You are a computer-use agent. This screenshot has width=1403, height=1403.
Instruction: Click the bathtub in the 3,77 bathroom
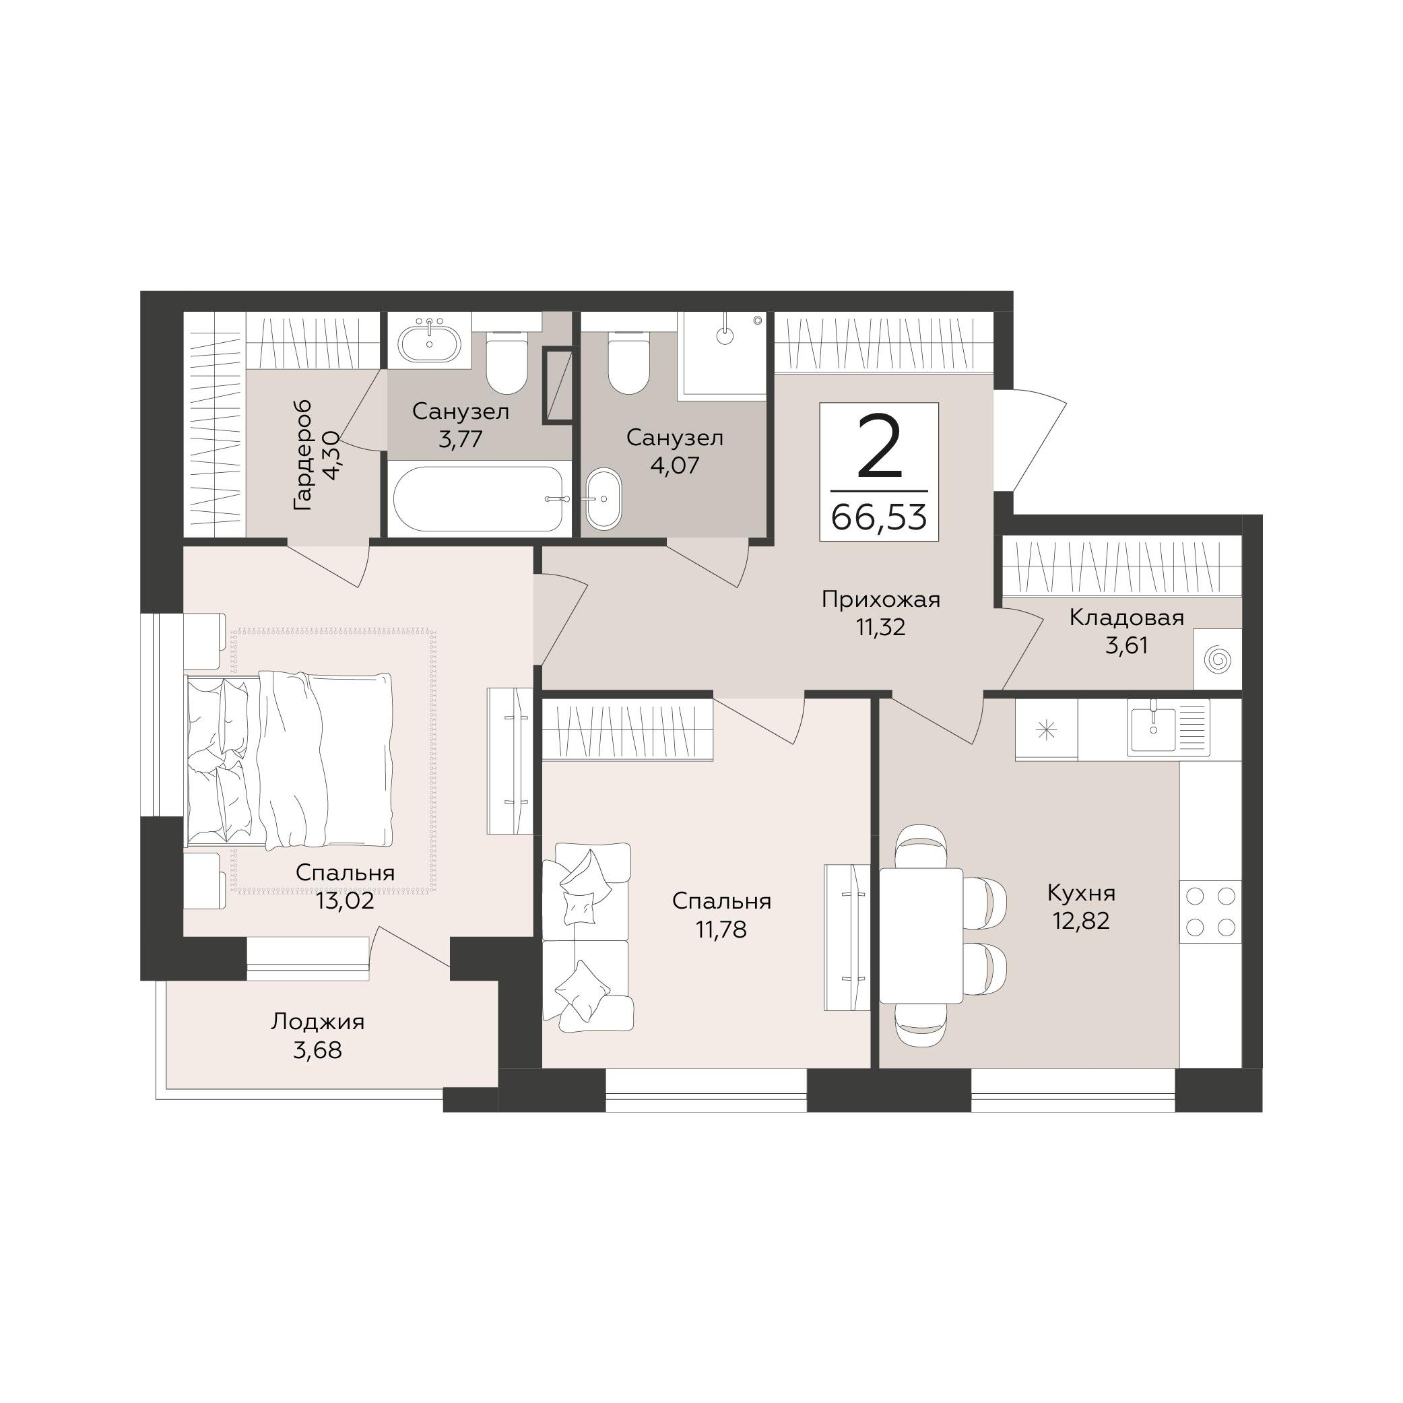coord(478,499)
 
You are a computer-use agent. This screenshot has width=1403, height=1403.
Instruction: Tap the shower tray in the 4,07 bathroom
coord(722,356)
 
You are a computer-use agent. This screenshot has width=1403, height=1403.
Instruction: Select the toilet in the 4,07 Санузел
coord(628,362)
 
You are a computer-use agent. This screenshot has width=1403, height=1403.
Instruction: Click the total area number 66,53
coord(879,518)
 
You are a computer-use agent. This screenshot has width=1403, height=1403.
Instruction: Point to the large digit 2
coord(880,447)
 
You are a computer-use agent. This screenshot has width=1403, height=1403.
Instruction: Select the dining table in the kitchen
coord(921,936)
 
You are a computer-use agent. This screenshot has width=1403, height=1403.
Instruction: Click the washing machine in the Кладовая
coord(1217,660)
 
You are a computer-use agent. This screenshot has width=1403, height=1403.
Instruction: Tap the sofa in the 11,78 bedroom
coord(587,937)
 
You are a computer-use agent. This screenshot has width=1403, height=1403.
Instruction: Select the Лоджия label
coord(317,1022)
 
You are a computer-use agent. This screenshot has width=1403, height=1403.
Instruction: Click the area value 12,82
coord(1081,921)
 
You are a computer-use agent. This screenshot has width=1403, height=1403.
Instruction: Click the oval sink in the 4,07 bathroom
coord(604,499)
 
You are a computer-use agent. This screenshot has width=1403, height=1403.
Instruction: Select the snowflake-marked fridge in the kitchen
coord(1047,730)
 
